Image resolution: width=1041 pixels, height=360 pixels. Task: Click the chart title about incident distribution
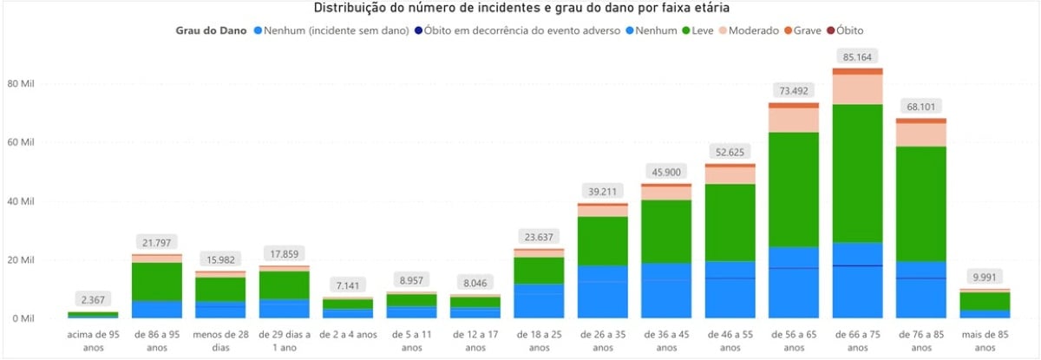(x=520, y=8)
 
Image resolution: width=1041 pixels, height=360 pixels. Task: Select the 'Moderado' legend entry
(x=753, y=30)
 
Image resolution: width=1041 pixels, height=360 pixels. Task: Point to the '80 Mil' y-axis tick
(x=21, y=84)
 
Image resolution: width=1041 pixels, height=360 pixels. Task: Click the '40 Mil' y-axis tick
(x=21, y=201)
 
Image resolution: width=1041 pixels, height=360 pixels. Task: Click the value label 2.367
(x=93, y=300)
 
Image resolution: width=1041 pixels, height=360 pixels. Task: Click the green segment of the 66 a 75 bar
(x=857, y=173)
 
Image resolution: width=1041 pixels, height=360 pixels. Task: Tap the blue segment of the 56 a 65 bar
(x=793, y=282)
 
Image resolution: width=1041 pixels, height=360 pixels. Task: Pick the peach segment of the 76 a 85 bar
(x=920, y=134)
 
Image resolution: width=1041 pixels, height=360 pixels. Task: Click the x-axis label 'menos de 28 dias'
(x=220, y=341)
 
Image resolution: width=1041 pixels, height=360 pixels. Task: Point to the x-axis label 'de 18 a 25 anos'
(x=539, y=341)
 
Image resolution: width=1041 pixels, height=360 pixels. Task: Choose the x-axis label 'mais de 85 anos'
(x=984, y=341)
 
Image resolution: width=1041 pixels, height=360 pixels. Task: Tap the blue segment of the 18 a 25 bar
(x=539, y=300)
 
